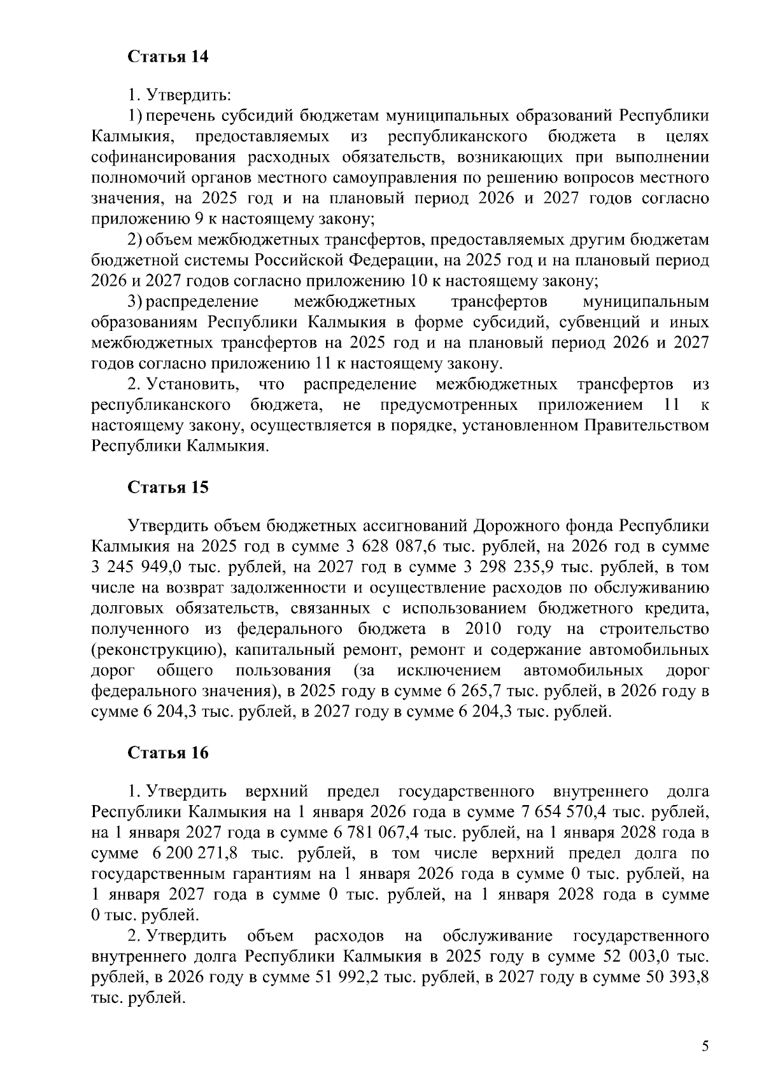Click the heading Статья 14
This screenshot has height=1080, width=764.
coord(168,57)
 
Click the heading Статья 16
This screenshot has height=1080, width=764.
coord(168,753)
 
